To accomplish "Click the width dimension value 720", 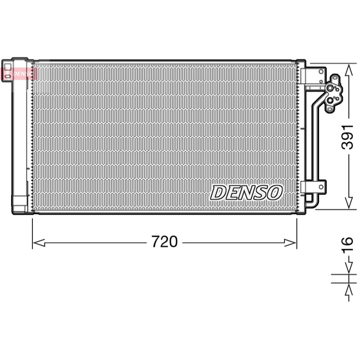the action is tap(164, 242).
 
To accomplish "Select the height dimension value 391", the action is tap(347, 137).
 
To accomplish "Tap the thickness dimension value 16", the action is tap(347, 245).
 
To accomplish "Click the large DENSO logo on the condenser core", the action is tap(246, 193).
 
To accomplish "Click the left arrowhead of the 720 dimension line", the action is tap(38, 243).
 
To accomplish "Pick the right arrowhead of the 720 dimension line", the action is tap(290, 243).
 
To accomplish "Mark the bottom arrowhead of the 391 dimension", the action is tap(349, 203).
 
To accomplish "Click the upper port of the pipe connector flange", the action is tap(330, 88).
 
